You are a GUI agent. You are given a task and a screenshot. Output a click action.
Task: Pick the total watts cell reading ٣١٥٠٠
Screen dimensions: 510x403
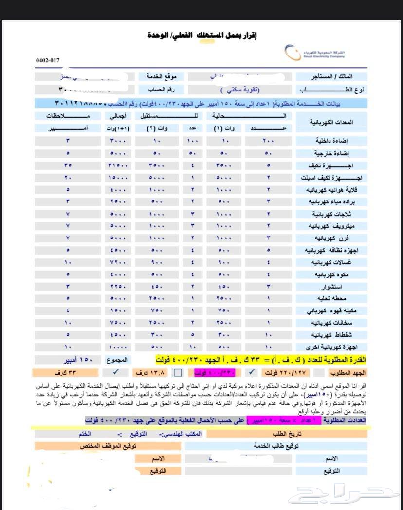click(x=117, y=165)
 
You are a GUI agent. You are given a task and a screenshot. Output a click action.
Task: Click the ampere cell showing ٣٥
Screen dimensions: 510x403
click(x=68, y=165)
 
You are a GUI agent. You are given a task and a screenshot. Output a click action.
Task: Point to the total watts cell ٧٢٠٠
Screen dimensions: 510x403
click(x=117, y=262)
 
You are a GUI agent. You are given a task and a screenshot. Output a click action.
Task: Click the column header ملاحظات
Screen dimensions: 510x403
click(x=68, y=116)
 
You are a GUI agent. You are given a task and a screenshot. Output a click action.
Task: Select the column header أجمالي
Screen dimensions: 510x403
click(x=117, y=116)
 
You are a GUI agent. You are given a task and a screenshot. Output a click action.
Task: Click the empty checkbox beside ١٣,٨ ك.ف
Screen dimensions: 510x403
click(x=178, y=373)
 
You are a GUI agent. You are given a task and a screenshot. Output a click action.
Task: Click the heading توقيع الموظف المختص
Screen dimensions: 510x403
click(x=108, y=446)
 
